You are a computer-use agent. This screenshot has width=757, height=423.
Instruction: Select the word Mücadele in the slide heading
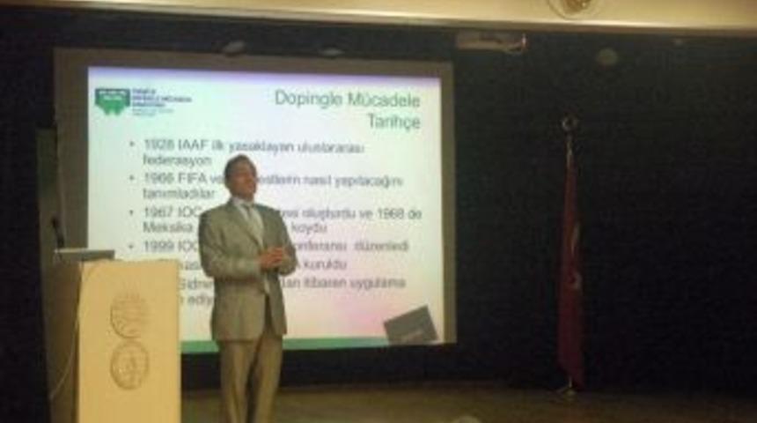point(385,98)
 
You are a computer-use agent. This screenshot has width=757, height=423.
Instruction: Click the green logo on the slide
point(112,100)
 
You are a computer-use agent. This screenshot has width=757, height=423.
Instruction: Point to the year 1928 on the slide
point(158,145)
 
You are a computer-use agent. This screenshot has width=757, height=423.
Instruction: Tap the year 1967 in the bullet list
point(158,213)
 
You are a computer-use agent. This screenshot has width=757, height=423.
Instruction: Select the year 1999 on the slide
point(158,246)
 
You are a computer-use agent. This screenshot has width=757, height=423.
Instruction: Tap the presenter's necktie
point(254,225)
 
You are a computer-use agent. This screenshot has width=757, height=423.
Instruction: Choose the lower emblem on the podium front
point(129,364)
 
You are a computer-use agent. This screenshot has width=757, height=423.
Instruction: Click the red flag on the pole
point(570,264)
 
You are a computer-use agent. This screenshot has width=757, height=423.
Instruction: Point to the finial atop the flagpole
point(570,123)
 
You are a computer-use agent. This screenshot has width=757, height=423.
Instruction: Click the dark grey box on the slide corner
point(411,325)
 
